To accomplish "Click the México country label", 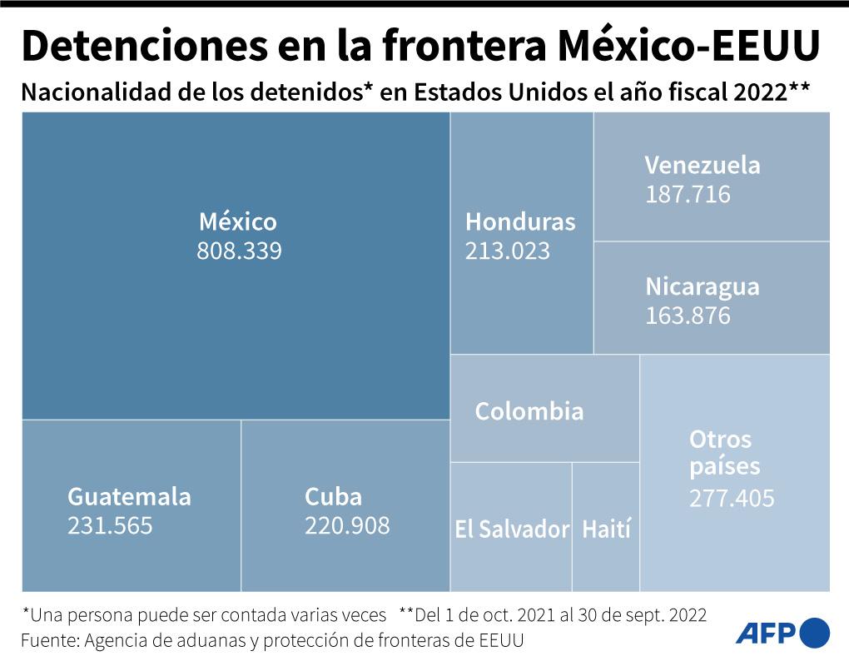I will (237, 222).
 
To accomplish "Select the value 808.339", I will (239, 251).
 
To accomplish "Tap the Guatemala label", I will (129, 497).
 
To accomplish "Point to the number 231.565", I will (110, 526).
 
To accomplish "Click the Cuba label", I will (333, 497).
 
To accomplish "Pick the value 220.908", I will (347, 526).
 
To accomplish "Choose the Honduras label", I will (520, 222).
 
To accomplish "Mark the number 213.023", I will (508, 251).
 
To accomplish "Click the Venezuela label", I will (703, 165).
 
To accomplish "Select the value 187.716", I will (688, 195).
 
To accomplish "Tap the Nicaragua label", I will (703, 287).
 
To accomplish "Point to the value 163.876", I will (688, 316).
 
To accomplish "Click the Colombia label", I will (529, 411).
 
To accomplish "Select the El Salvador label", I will (511, 529).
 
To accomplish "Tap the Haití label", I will (606, 529).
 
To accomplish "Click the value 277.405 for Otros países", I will (732, 499).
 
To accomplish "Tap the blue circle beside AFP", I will (815, 633).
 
